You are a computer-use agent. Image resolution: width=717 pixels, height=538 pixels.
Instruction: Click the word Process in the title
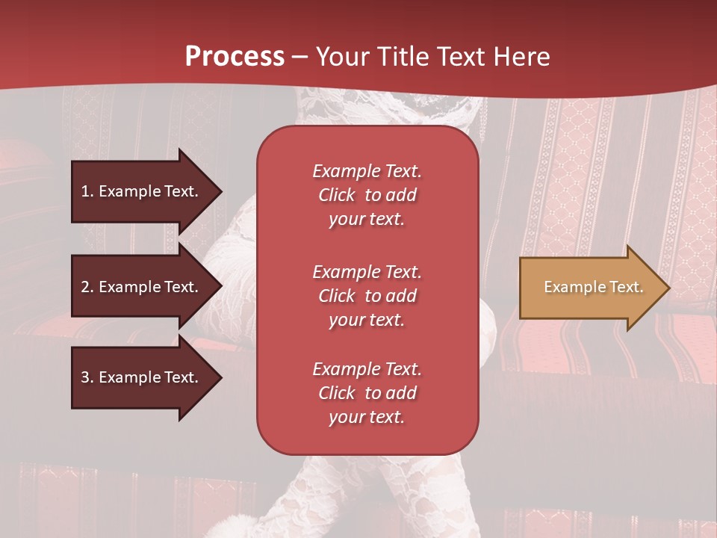(x=235, y=57)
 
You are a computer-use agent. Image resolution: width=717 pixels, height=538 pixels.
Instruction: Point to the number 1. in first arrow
(x=87, y=191)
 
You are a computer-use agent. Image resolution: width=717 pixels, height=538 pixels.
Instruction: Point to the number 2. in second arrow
(x=87, y=287)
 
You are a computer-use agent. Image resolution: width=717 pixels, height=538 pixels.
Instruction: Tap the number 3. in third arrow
(x=87, y=377)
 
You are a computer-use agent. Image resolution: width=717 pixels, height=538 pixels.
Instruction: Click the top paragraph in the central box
(x=367, y=195)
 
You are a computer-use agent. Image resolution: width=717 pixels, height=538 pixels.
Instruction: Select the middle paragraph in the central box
(x=367, y=296)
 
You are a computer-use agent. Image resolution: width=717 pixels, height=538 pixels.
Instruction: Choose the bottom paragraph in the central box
(x=367, y=393)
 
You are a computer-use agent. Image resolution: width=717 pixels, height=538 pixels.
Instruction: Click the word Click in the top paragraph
(x=336, y=195)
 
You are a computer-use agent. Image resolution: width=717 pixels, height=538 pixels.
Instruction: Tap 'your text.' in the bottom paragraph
(x=367, y=418)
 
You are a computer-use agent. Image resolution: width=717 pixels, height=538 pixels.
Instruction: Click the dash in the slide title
(x=300, y=57)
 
